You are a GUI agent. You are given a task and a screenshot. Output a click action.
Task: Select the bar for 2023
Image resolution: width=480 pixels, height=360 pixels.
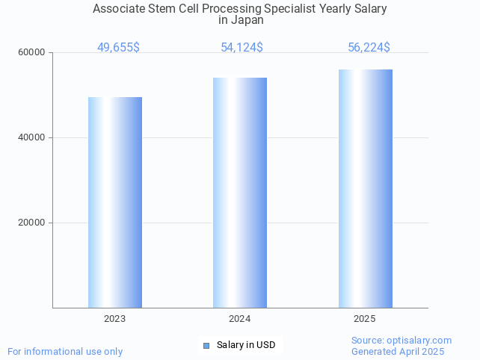115,202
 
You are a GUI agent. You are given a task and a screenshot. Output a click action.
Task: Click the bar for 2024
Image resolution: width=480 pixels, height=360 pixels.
240,193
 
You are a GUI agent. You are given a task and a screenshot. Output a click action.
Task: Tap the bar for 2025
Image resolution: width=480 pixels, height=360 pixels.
365,188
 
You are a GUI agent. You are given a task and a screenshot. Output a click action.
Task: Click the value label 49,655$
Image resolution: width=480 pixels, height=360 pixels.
118,48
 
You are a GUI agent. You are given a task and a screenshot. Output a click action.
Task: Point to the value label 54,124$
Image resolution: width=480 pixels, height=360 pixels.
241,48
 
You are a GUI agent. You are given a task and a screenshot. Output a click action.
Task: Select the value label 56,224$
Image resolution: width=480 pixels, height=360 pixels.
369,48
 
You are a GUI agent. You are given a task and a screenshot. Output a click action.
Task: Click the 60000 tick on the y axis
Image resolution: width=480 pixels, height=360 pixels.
32,53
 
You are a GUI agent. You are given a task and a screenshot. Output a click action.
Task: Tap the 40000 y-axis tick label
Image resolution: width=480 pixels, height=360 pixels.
32,138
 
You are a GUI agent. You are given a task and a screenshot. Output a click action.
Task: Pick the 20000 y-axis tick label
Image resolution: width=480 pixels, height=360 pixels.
32,223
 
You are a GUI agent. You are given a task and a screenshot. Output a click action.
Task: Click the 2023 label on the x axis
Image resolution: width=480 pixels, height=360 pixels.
114,319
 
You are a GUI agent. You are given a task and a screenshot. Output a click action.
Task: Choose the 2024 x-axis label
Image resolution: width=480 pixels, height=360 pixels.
239,319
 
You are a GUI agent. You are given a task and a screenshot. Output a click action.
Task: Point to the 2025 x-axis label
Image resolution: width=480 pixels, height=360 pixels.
364,319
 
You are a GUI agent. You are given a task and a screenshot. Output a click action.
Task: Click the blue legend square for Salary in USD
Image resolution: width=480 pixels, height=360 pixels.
207,345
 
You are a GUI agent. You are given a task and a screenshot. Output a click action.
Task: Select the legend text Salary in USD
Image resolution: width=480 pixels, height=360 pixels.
246,345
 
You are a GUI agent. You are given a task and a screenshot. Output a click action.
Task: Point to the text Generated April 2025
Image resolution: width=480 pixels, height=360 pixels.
398,351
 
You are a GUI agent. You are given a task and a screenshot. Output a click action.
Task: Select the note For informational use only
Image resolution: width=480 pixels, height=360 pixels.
65,351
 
